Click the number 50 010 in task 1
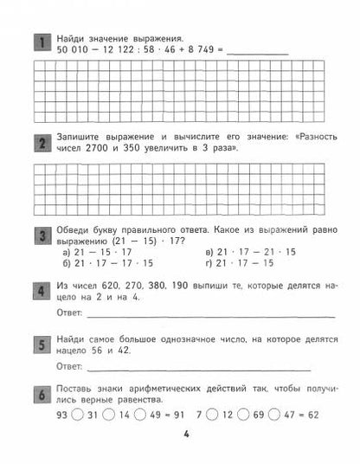click(x=70, y=53)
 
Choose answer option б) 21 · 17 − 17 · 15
click(x=109, y=263)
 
